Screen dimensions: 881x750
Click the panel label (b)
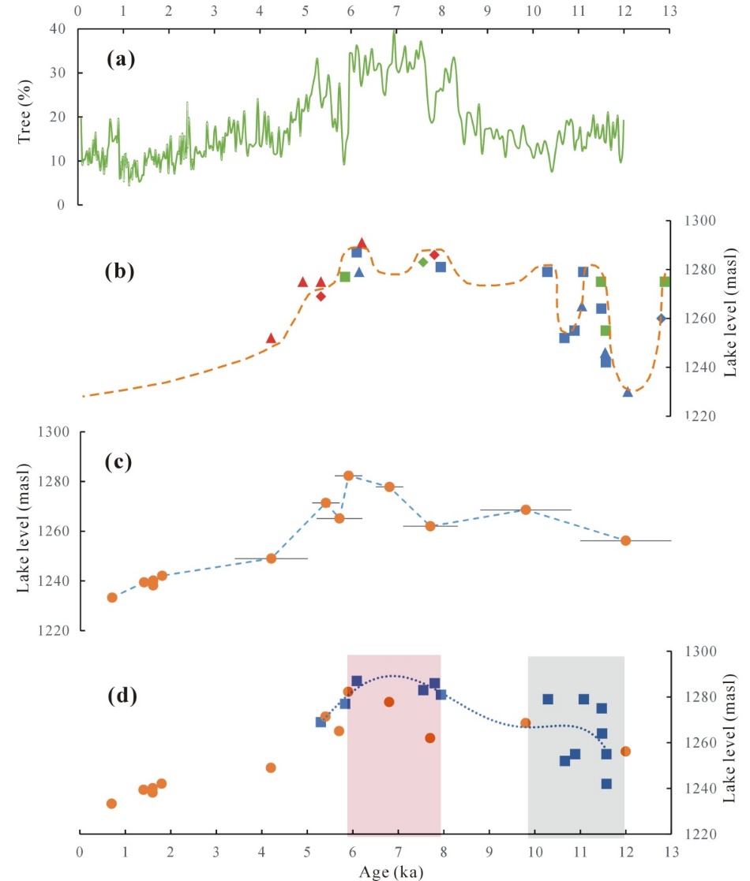[x=120, y=271]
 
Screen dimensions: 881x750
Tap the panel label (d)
[x=123, y=696]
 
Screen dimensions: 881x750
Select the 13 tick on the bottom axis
[x=672, y=852]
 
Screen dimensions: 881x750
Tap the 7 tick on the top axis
[x=396, y=10]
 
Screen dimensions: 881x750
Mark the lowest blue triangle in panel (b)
[x=628, y=391]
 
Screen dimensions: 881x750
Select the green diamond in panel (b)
[x=423, y=262]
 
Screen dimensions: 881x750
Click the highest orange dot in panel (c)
[x=348, y=476]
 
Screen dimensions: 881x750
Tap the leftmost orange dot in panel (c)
[x=112, y=597]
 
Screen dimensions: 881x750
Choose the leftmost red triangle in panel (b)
[x=271, y=338]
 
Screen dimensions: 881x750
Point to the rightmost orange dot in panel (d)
[x=625, y=751]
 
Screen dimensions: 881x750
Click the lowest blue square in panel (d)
[x=606, y=784]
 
